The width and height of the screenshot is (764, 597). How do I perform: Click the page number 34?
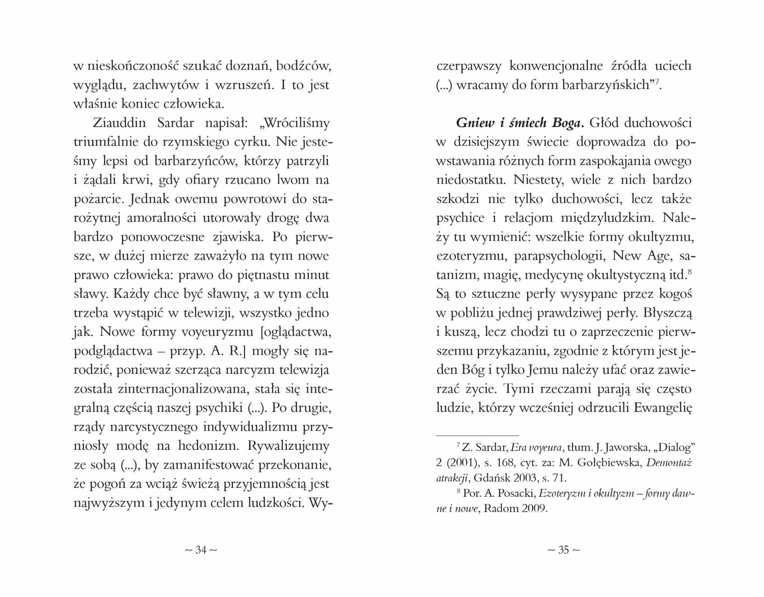[201, 550]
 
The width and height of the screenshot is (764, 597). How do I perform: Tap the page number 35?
[563, 550]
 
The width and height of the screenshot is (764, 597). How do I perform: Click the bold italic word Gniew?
[475, 123]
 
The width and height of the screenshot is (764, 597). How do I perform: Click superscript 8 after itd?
[690, 272]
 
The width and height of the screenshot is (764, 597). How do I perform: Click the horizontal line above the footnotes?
[477, 435]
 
